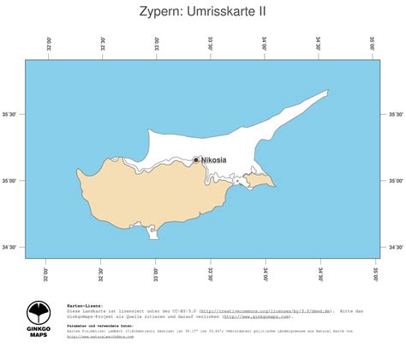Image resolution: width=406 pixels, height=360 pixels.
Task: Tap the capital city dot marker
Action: pyautogui.click(x=196, y=159)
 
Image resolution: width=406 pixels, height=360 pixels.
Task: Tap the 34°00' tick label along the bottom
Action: pyautogui.click(x=265, y=273)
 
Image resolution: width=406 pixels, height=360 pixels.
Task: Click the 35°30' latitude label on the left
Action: pyautogui.click(x=12, y=114)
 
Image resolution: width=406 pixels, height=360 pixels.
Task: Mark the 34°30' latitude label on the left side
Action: pyautogui.click(x=12, y=248)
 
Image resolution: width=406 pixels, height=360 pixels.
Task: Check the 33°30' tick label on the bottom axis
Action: pyautogui.click(x=211, y=273)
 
